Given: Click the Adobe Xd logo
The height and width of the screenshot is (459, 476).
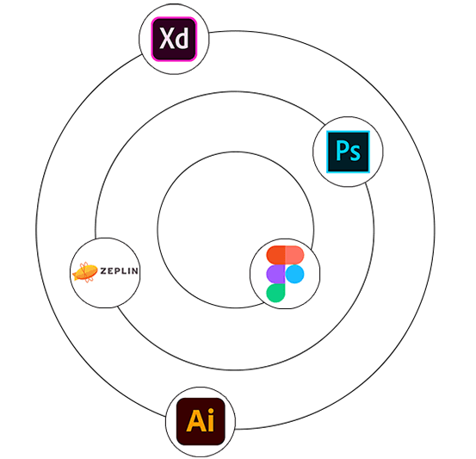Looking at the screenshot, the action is click(174, 40).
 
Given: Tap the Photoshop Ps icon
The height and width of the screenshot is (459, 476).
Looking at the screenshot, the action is click(348, 152).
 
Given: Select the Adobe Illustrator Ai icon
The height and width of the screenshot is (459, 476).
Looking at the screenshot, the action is click(201, 422).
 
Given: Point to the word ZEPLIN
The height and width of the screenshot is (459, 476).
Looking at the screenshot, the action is click(120, 270).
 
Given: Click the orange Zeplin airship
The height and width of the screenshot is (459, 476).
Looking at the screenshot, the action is click(84, 272).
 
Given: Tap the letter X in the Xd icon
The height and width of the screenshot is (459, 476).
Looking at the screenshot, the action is click(167, 38).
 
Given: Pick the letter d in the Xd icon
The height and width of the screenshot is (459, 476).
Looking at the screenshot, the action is click(182, 38).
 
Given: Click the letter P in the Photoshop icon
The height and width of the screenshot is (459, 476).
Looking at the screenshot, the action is click(342, 151).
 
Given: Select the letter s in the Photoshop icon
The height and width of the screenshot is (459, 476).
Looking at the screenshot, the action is click(355, 153).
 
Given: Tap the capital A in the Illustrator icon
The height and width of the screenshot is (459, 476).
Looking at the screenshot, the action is click(195, 421).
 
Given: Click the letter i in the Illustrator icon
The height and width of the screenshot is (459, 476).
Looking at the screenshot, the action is click(210, 420).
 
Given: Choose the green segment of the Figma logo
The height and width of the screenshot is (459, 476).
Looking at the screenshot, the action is click(275, 293).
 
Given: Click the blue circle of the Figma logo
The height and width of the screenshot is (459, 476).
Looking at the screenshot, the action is click(294, 274).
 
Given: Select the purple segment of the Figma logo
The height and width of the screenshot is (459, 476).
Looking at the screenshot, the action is click(275, 274).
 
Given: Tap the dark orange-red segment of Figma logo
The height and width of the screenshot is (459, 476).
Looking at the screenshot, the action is click(275, 255).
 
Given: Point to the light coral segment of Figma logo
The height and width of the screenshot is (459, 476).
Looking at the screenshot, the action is click(294, 255).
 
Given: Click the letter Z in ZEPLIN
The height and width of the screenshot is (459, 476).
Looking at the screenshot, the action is click(103, 270).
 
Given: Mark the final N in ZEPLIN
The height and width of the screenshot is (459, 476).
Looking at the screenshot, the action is click(135, 270).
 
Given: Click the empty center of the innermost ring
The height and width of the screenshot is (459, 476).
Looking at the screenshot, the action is click(236, 230).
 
